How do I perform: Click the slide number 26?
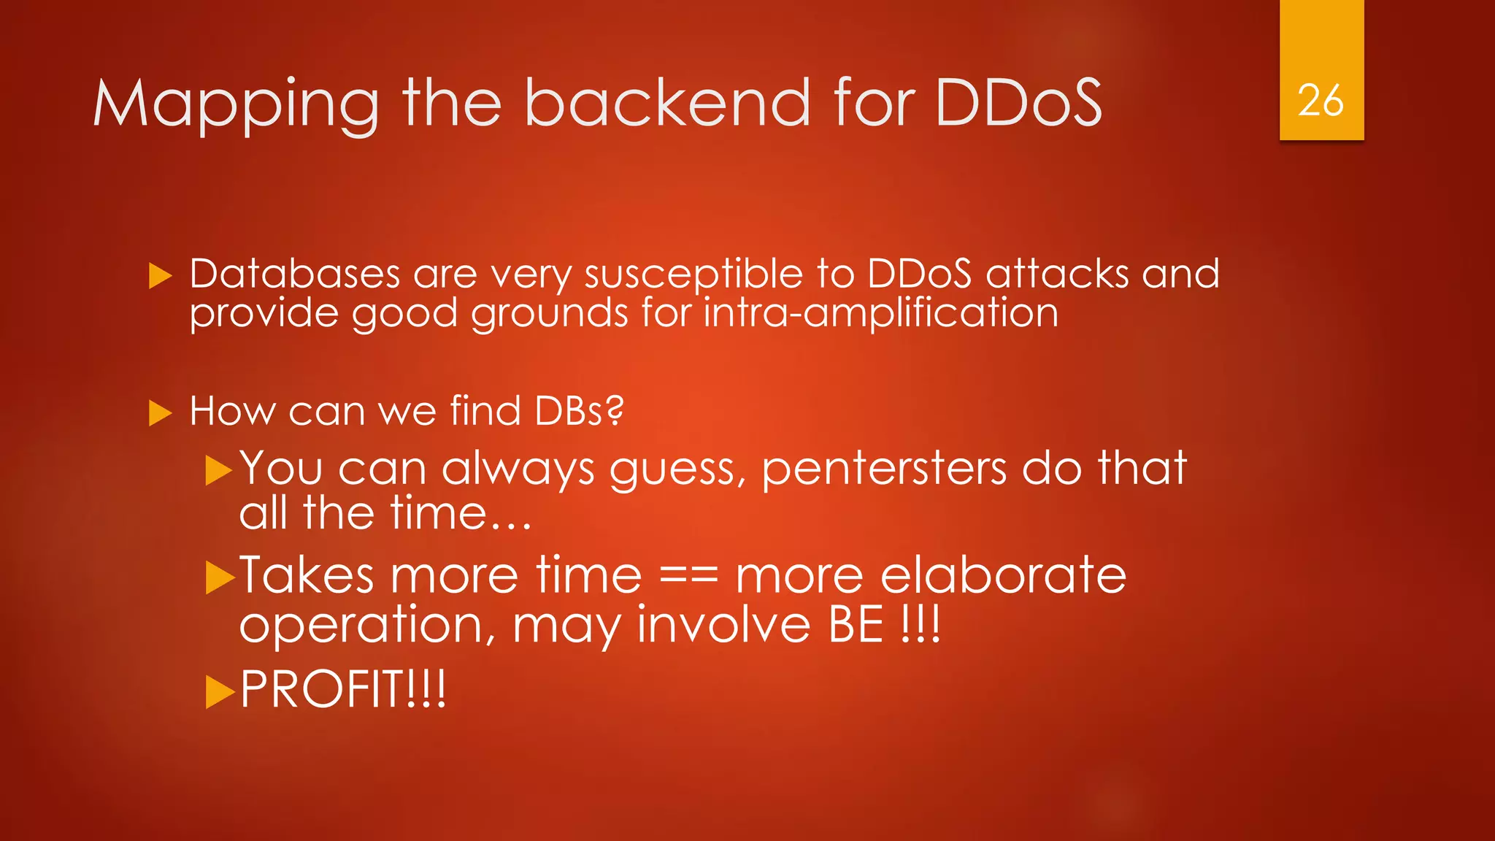click(1321, 100)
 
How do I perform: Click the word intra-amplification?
click(880, 314)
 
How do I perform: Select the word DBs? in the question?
click(580, 411)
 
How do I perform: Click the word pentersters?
click(884, 468)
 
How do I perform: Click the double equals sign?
click(688, 576)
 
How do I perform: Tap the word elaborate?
click(1004, 575)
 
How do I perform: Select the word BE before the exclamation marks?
click(856, 625)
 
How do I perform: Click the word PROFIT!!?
click(342, 689)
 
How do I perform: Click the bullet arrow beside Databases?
click(160, 276)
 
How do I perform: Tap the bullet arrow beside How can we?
click(160, 413)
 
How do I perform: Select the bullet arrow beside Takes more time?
click(219, 578)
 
